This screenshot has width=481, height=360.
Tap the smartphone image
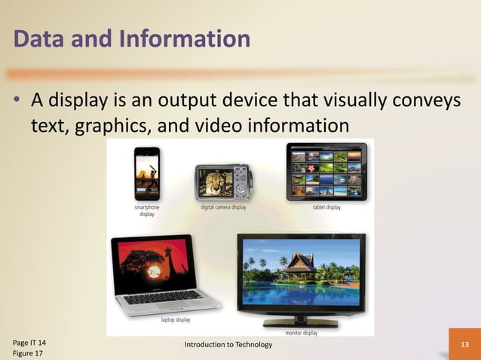[147, 174]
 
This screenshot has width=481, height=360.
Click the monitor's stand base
[300, 324]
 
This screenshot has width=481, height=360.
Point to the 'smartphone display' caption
[146, 210]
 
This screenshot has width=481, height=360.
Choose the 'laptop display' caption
[175, 319]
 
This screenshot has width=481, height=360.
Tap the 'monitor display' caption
[301, 332]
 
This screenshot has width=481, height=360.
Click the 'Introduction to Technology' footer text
[228, 344]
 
